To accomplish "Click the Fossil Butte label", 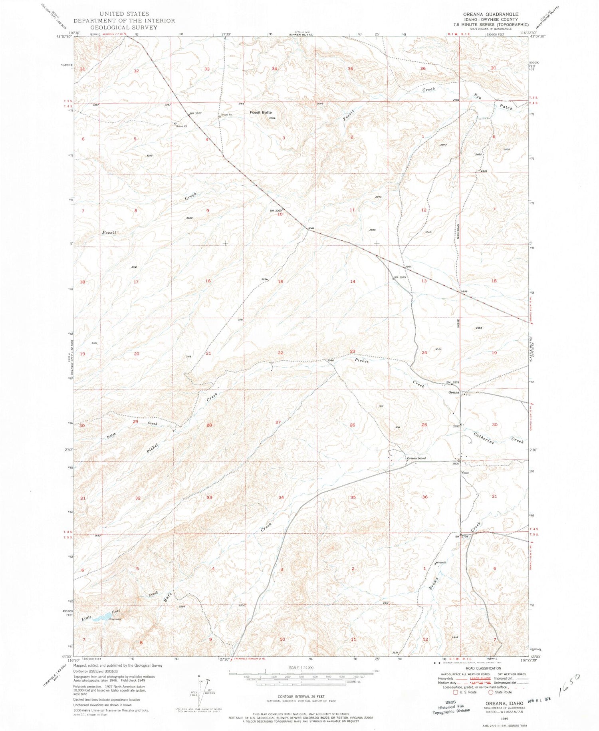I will pos(260,112).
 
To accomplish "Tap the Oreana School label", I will pos(416,458).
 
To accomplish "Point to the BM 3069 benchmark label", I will pos(276,210).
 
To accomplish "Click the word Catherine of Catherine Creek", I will pos(484,438).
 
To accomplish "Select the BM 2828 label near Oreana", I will pos(453,382).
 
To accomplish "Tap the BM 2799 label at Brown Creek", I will pos(461,536).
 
